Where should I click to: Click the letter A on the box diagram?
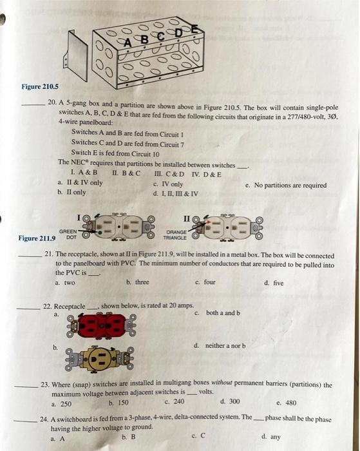[128, 43]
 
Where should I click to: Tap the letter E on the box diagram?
[194, 29]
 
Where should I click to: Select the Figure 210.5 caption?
[40, 86]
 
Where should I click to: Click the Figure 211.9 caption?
[37, 238]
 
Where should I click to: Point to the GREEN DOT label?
[68, 234]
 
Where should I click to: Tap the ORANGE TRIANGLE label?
[175, 235]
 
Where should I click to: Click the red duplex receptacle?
[100, 325]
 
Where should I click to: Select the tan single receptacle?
[99, 359]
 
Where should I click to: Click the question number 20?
[52, 102]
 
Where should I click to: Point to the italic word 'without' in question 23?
[222, 383]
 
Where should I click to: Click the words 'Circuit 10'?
[145, 154]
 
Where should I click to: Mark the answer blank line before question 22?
[28, 309]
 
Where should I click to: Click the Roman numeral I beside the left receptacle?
[79, 218]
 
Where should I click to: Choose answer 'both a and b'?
[223, 312]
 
